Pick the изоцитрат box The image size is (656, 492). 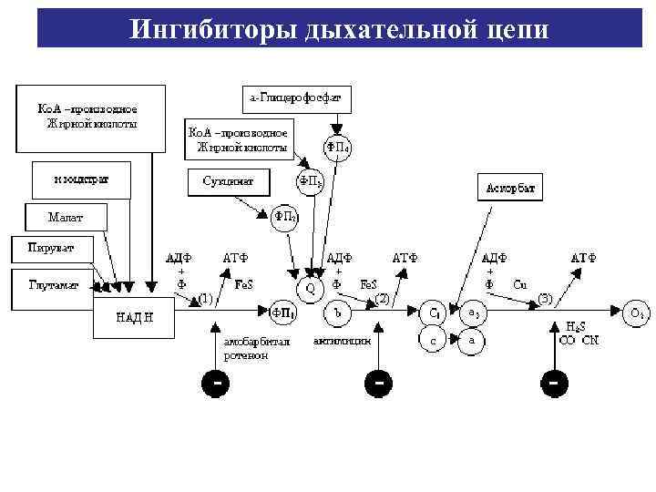pos(81,179)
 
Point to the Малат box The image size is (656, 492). pos(66,217)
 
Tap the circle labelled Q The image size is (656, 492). pos(310,288)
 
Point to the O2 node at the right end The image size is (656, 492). pos(637,313)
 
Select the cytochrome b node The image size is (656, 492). pos(338,313)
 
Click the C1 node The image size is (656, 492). pos(436,313)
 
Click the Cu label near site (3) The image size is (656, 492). pos(519,284)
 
